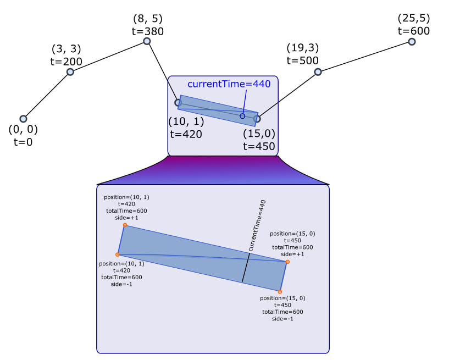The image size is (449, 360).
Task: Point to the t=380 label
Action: coord(147,31)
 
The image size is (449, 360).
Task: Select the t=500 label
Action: coord(302,60)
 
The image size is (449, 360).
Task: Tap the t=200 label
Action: coord(66,62)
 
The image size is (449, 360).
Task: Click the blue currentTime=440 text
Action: coord(229,84)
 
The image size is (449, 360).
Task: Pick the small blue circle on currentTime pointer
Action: coord(242,116)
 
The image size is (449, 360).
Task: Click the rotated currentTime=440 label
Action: coord(256,226)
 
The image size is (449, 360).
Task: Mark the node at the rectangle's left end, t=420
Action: coord(178,102)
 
